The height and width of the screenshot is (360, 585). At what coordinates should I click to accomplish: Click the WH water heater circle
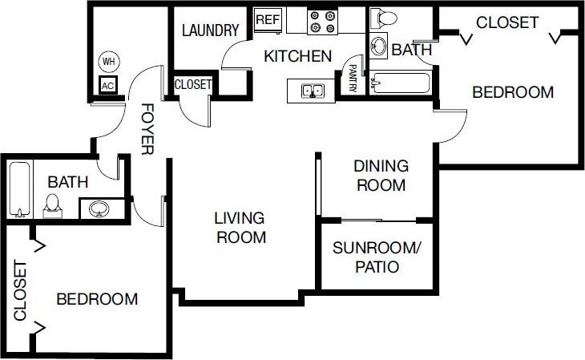[x=108, y=60]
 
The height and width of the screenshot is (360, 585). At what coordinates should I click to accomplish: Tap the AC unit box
[x=108, y=85]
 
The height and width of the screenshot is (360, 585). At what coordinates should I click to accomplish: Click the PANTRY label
[x=352, y=79]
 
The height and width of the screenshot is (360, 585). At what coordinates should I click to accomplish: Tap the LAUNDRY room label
[x=211, y=31]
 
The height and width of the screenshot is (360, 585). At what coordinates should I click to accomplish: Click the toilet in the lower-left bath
[x=53, y=205]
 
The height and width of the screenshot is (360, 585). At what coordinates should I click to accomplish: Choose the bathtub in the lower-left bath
[x=19, y=189]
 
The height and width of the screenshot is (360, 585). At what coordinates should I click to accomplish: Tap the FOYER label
[x=147, y=128]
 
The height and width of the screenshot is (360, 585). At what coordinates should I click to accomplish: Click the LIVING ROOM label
[x=240, y=227]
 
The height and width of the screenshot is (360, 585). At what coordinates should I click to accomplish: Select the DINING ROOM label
[x=381, y=176]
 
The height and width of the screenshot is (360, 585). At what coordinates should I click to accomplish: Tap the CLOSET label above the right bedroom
[x=507, y=22]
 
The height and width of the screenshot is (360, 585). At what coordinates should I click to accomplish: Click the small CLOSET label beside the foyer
[x=193, y=84]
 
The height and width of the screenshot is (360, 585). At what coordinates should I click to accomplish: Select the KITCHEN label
[x=298, y=57]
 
